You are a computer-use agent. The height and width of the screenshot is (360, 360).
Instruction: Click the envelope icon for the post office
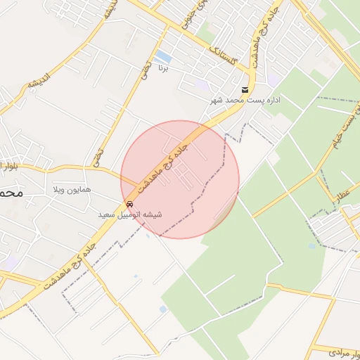[x=244, y=90]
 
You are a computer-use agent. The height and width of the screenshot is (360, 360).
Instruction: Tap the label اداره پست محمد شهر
[x=245, y=101]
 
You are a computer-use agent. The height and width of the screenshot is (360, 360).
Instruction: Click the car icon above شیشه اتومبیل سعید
[x=129, y=204]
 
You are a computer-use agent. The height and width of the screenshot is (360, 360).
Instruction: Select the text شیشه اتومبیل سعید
[x=129, y=214]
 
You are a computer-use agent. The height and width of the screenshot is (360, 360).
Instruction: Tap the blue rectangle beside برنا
[x=164, y=56]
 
